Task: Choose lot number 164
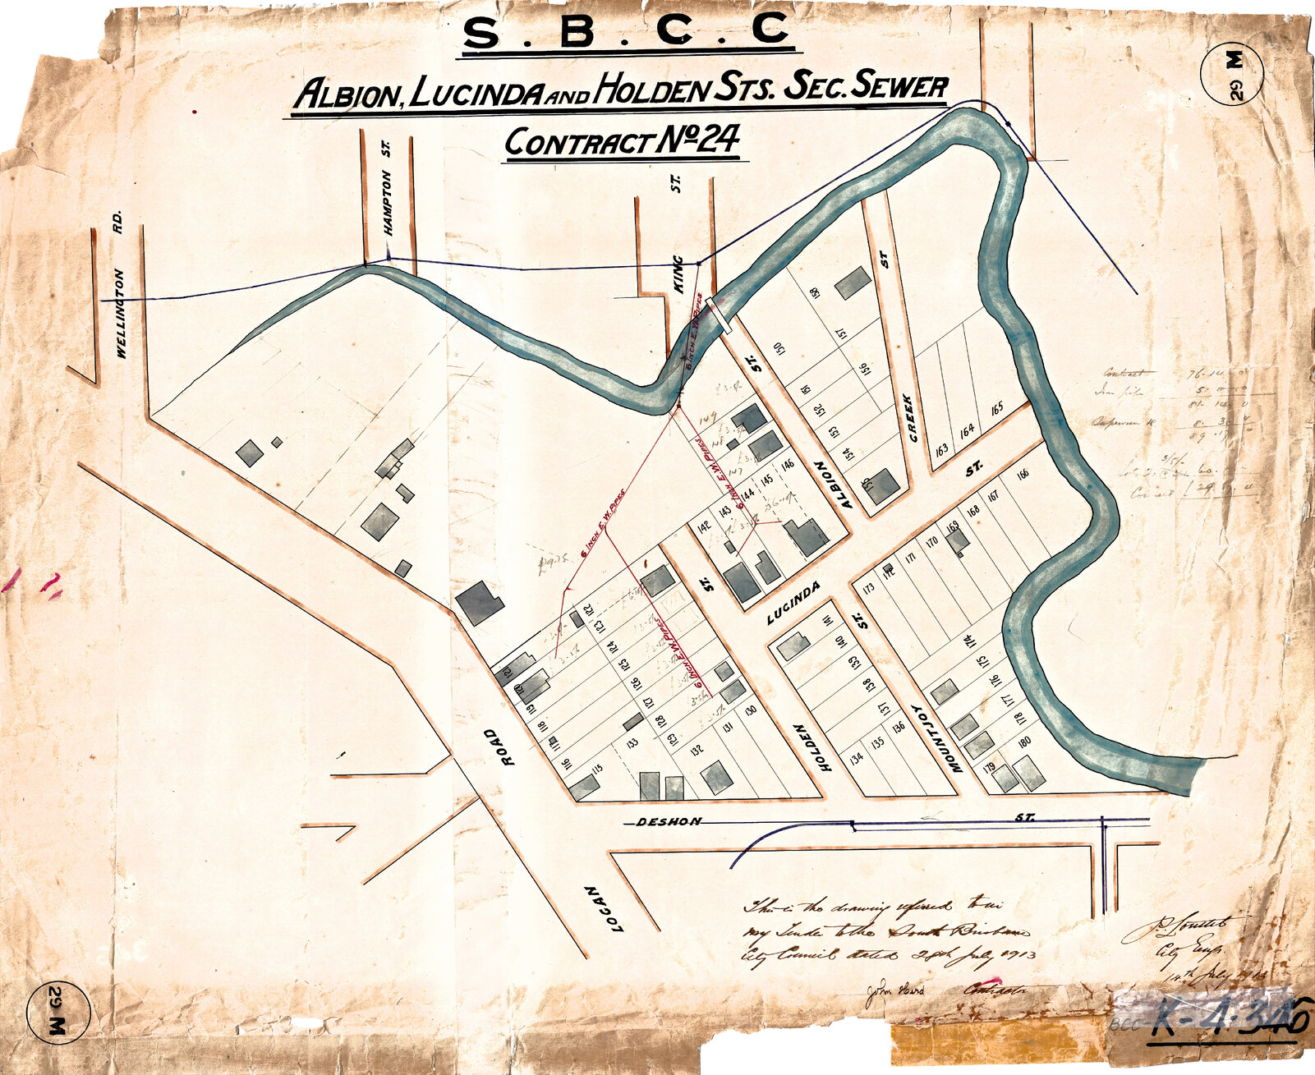pos(967,429)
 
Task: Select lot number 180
pos(1023,742)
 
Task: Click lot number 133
pos(632,743)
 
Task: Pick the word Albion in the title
pos(346,94)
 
